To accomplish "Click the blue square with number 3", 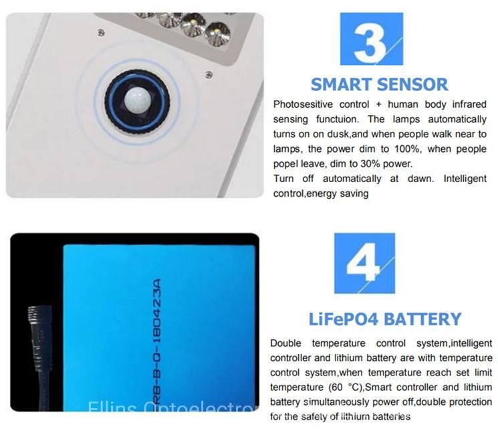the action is click(x=371, y=39).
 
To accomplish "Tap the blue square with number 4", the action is click(x=364, y=263).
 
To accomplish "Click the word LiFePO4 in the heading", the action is click(x=344, y=319).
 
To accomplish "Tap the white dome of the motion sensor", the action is click(x=138, y=98).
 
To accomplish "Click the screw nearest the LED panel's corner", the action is click(x=209, y=75).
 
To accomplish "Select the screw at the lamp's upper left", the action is click(x=101, y=32).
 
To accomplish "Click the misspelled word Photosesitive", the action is click(x=303, y=104).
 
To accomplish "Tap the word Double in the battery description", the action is click(x=285, y=343).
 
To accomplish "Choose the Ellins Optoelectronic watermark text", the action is click(x=172, y=406).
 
